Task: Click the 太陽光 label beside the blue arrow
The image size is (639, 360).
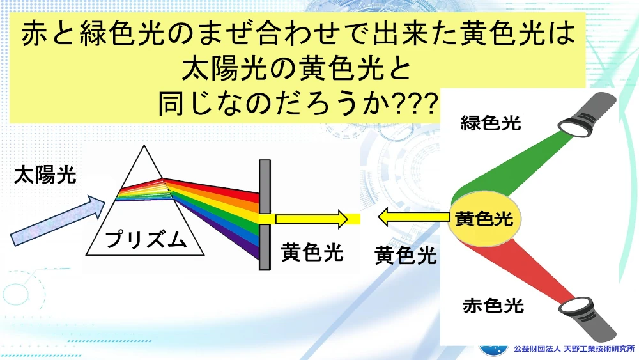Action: pos(45,175)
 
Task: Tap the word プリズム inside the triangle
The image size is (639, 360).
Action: pos(146,239)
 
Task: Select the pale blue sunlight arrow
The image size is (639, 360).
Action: pos(57,220)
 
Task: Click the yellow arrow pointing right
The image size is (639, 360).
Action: pos(311,219)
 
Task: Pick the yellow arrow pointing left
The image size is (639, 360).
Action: pos(413,217)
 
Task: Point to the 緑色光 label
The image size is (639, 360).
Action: pos(491,123)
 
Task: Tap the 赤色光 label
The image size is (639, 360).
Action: pos(493,306)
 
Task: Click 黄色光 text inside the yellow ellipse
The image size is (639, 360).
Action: pos(484,219)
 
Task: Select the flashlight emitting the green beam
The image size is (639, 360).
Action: pos(587,114)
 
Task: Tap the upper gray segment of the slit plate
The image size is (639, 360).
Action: pos(265,186)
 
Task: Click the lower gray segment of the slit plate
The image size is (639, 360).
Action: pos(265,247)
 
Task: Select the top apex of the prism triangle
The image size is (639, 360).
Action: pos(144,146)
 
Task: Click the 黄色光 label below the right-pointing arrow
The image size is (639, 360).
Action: pos(312,252)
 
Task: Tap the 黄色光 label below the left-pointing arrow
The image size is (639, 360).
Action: pos(406,256)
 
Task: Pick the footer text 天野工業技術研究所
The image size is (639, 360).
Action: pos(599,349)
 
